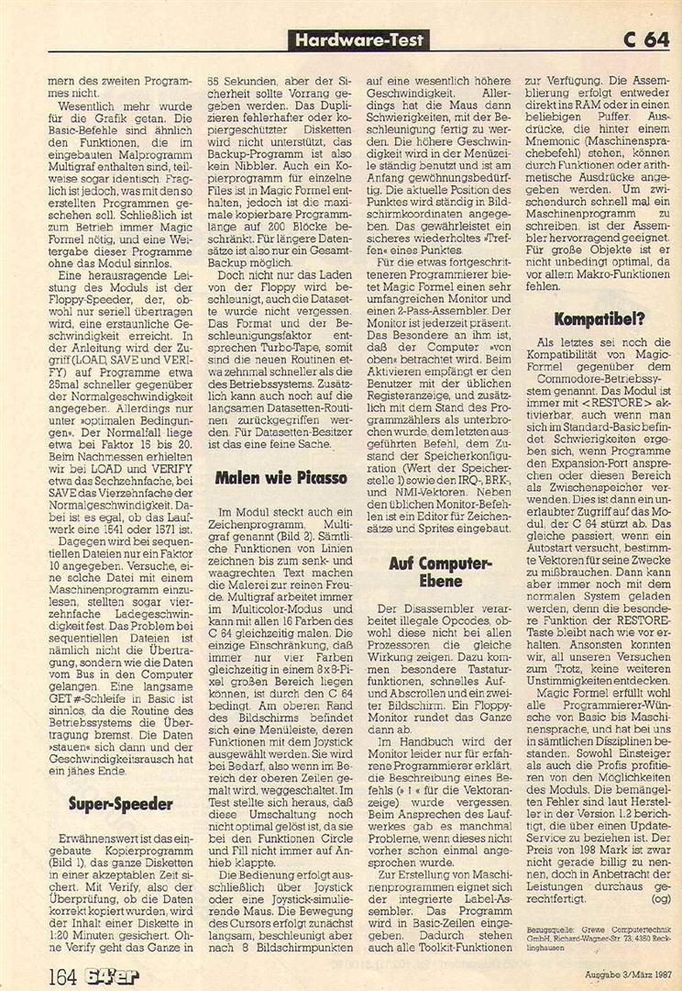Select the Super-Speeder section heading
click(120, 805)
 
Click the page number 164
click(64, 969)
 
